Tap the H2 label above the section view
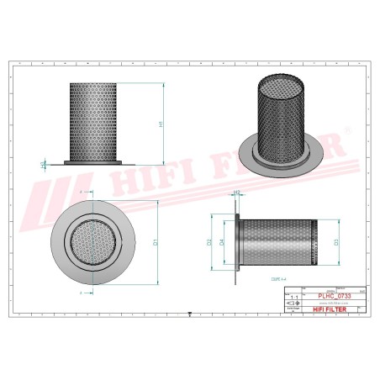click(236, 193)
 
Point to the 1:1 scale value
click(293, 298)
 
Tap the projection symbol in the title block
click(293, 309)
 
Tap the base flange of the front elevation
click(95, 162)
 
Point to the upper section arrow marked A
click(81, 193)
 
